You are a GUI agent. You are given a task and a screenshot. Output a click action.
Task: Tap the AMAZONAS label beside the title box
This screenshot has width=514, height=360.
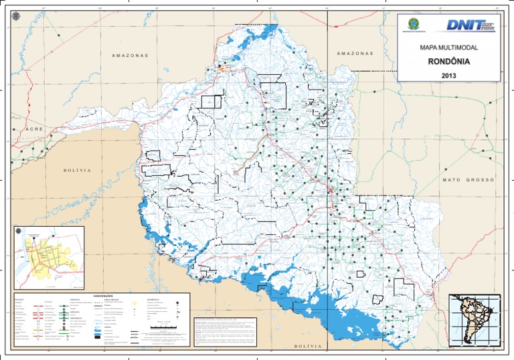pyautogui.click(x=355, y=54)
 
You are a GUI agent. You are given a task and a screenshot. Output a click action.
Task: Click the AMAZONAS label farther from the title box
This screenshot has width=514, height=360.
pyautogui.click(x=130, y=56)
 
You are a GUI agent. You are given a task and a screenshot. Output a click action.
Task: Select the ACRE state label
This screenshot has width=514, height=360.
pyautogui.click(x=35, y=128)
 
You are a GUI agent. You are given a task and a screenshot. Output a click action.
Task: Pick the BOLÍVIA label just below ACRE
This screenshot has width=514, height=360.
pyautogui.click(x=76, y=171)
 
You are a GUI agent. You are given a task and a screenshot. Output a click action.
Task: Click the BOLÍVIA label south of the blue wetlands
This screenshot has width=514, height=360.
pyautogui.click(x=309, y=346)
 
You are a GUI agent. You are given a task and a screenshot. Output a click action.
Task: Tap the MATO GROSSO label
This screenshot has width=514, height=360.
pyautogui.click(x=468, y=180)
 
